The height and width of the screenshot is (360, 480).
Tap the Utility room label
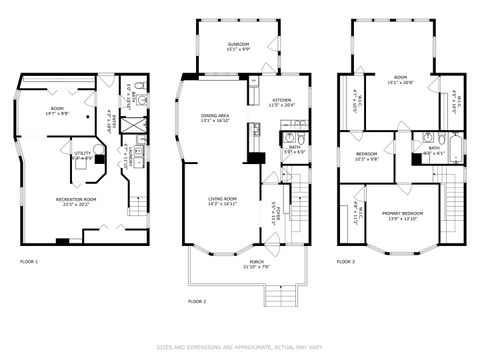(x=83, y=155)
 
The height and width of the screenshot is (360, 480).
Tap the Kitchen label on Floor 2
(x=282, y=103)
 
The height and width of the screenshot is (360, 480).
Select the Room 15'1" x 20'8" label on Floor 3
(x=401, y=80)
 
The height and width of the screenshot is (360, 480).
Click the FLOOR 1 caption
(x=29, y=262)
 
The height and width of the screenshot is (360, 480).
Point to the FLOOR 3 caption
(x=345, y=262)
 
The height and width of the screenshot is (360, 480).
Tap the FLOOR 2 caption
(x=197, y=300)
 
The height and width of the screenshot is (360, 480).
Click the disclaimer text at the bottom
(x=240, y=349)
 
